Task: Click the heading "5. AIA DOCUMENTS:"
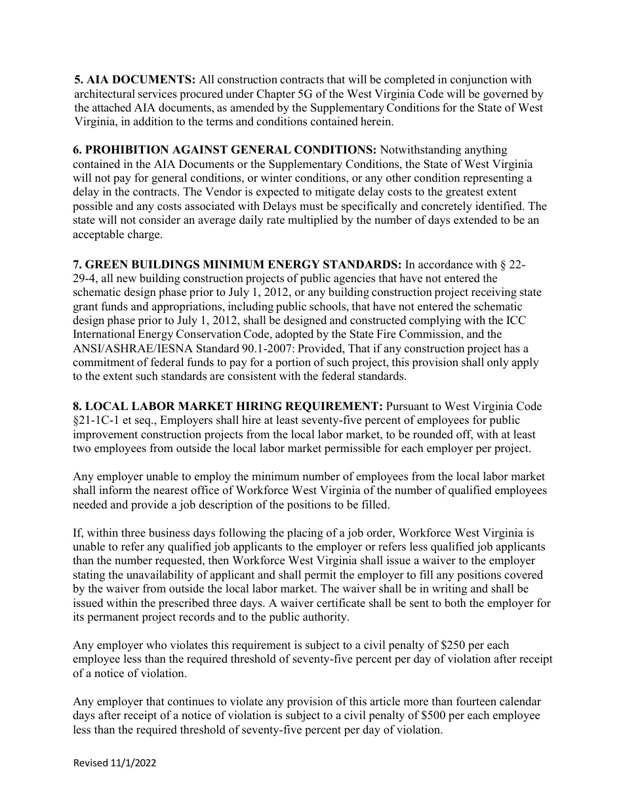(134, 80)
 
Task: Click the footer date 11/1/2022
(134, 764)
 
